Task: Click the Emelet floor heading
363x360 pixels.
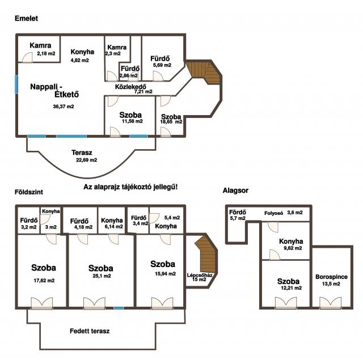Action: coord(26,19)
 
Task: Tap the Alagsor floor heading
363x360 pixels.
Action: coord(235,190)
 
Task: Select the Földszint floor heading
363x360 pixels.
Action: coord(29,192)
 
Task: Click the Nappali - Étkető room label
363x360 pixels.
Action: coord(54,91)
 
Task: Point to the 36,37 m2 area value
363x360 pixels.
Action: coord(64,107)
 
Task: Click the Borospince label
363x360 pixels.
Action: coord(331,277)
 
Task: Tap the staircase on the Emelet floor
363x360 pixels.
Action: coord(204,72)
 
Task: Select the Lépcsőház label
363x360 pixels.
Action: coord(200,276)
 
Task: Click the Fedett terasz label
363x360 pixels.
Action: coord(90,331)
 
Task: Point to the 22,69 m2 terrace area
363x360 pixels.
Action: coord(86,160)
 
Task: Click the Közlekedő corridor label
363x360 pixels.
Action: coord(130,87)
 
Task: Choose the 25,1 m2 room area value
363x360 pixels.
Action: coord(102,276)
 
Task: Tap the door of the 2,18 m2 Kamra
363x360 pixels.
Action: coord(27,58)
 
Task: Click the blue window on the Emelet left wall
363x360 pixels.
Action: coord(16,84)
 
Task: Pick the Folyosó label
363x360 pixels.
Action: coord(273,213)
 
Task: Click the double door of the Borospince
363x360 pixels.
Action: coord(330,303)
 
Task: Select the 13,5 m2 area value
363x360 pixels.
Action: coord(331,284)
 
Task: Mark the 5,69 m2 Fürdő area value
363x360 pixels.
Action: coord(162,65)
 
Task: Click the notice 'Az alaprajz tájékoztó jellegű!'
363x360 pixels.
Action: coord(130,187)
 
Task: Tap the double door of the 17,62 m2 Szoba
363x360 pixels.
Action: coord(42,303)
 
